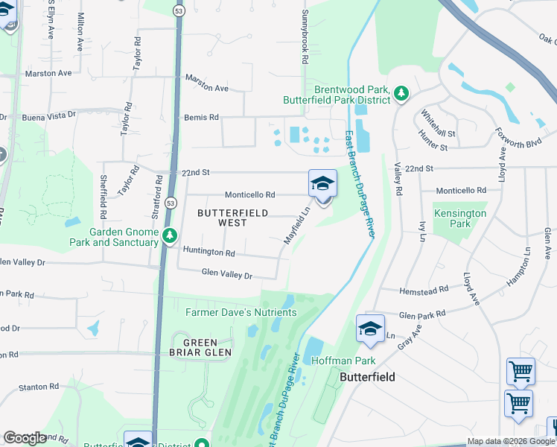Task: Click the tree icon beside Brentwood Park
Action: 401,93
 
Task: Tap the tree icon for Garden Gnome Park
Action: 171,235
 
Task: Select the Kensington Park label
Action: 460,218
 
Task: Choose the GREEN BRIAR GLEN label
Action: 202,346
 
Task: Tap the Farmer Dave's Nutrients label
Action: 241,312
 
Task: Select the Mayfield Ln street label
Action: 296,226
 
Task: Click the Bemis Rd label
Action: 201,117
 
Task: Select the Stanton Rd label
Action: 38,387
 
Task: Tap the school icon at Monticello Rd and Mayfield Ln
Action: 322,183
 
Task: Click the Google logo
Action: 25,438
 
